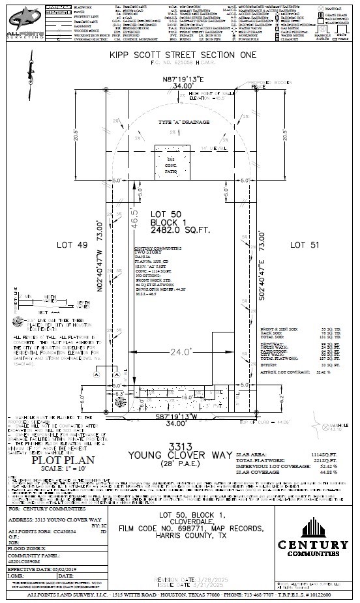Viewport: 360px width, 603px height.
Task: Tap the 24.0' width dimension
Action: tap(183, 353)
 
